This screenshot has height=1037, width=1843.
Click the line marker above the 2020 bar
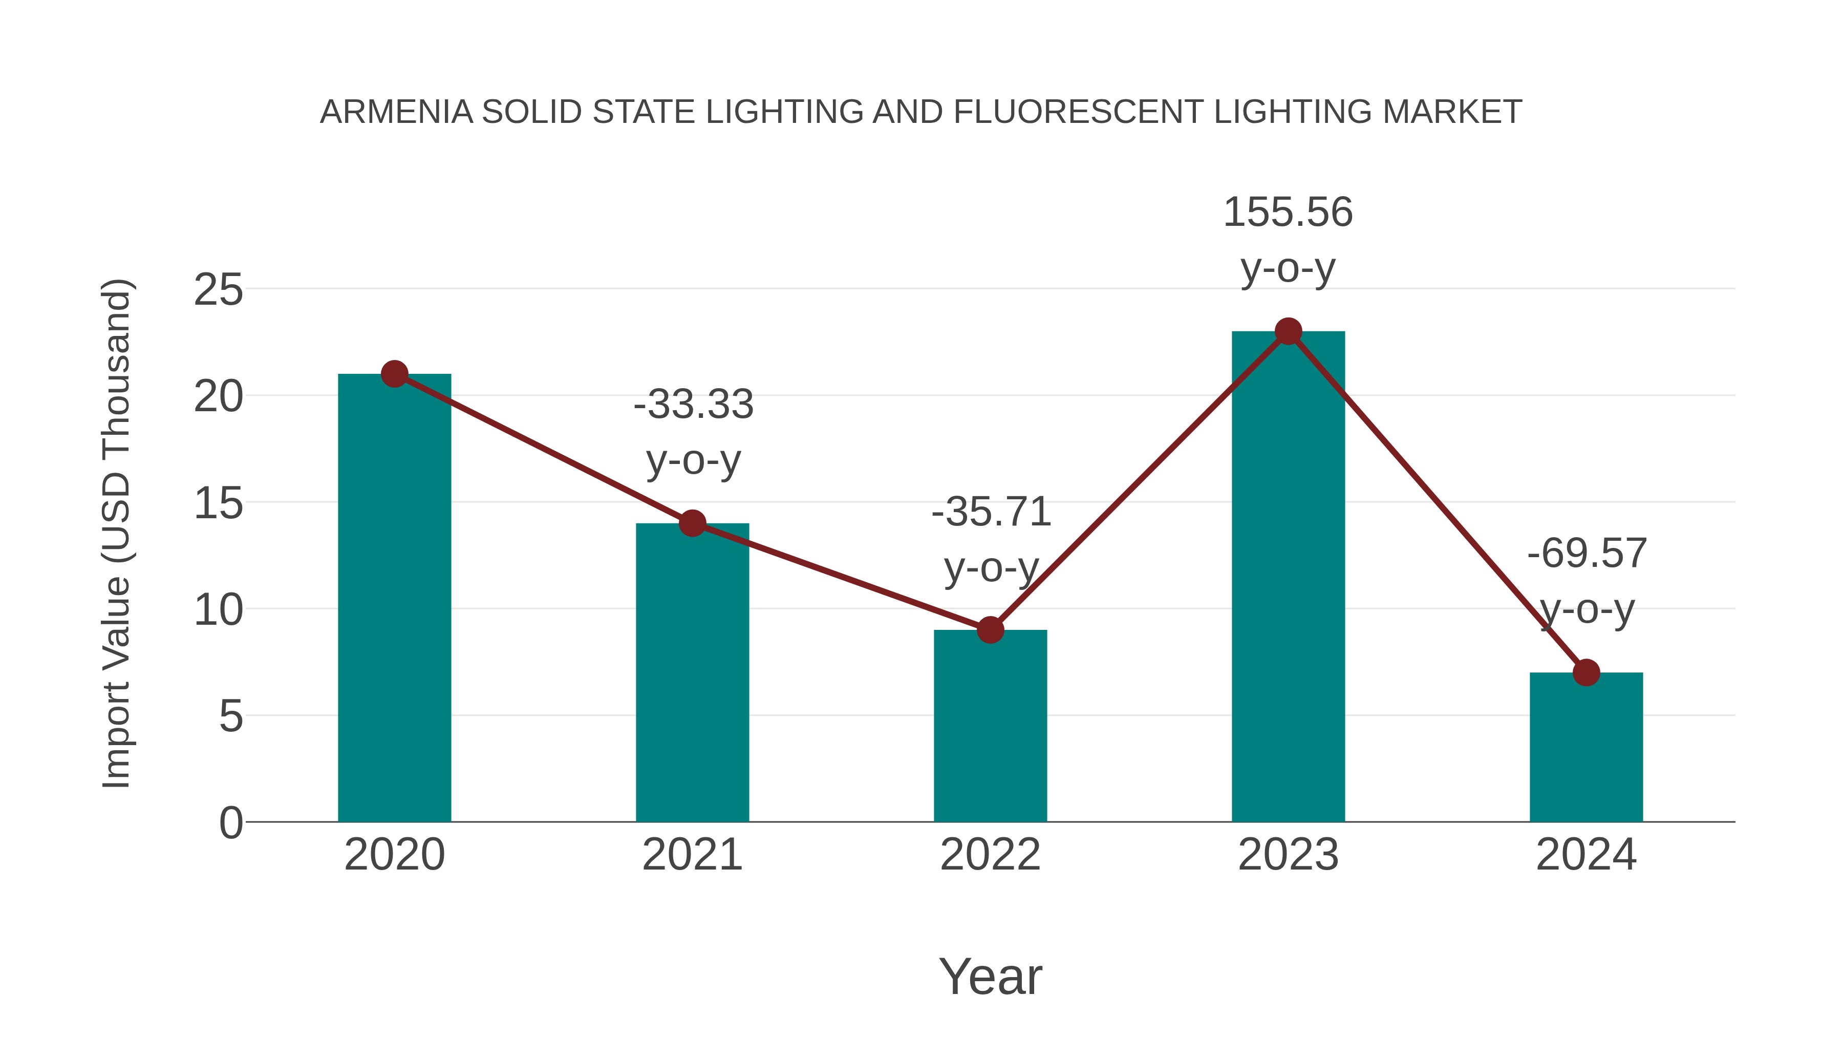(x=394, y=374)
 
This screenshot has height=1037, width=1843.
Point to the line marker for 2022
(x=990, y=630)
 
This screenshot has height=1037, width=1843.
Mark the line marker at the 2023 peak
(x=1288, y=331)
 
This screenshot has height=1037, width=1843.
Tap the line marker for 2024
(x=1586, y=673)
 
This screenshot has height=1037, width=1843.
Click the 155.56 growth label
(x=1288, y=213)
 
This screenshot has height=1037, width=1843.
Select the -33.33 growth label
(x=693, y=405)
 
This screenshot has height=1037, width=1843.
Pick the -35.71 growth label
(x=991, y=512)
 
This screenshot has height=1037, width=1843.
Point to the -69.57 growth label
(x=1587, y=553)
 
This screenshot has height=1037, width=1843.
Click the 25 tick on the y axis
(x=218, y=290)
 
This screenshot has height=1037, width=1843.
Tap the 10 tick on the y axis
(x=218, y=610)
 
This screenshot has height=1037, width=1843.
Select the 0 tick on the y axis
(x=230, y=822)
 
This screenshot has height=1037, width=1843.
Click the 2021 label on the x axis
(x=692, y=855)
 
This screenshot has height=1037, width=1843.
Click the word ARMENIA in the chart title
(x=396, y=112)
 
